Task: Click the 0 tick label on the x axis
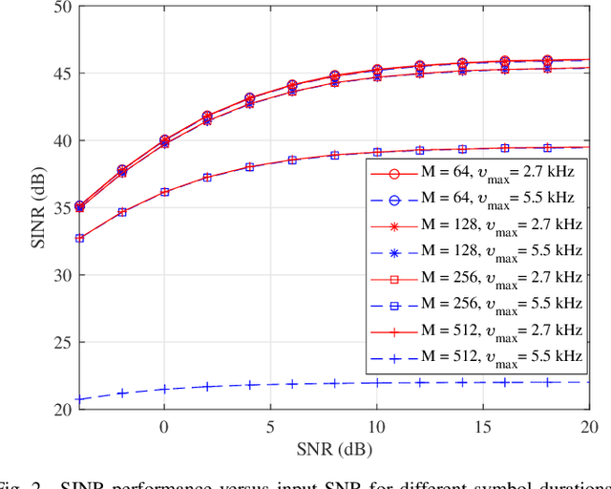pyautogui.click(x=163, y=425)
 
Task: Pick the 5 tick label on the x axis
pyautogui.click(x=270, y=425)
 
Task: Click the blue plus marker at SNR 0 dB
pyautogui.click(x=163, y=389)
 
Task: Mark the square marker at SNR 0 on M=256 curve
pyautogui.click(x=163, y=192)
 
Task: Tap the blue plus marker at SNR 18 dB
pyautogui.click(x=547, y=382)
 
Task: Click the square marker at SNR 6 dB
pyautogui.click(x=292, y=159)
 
